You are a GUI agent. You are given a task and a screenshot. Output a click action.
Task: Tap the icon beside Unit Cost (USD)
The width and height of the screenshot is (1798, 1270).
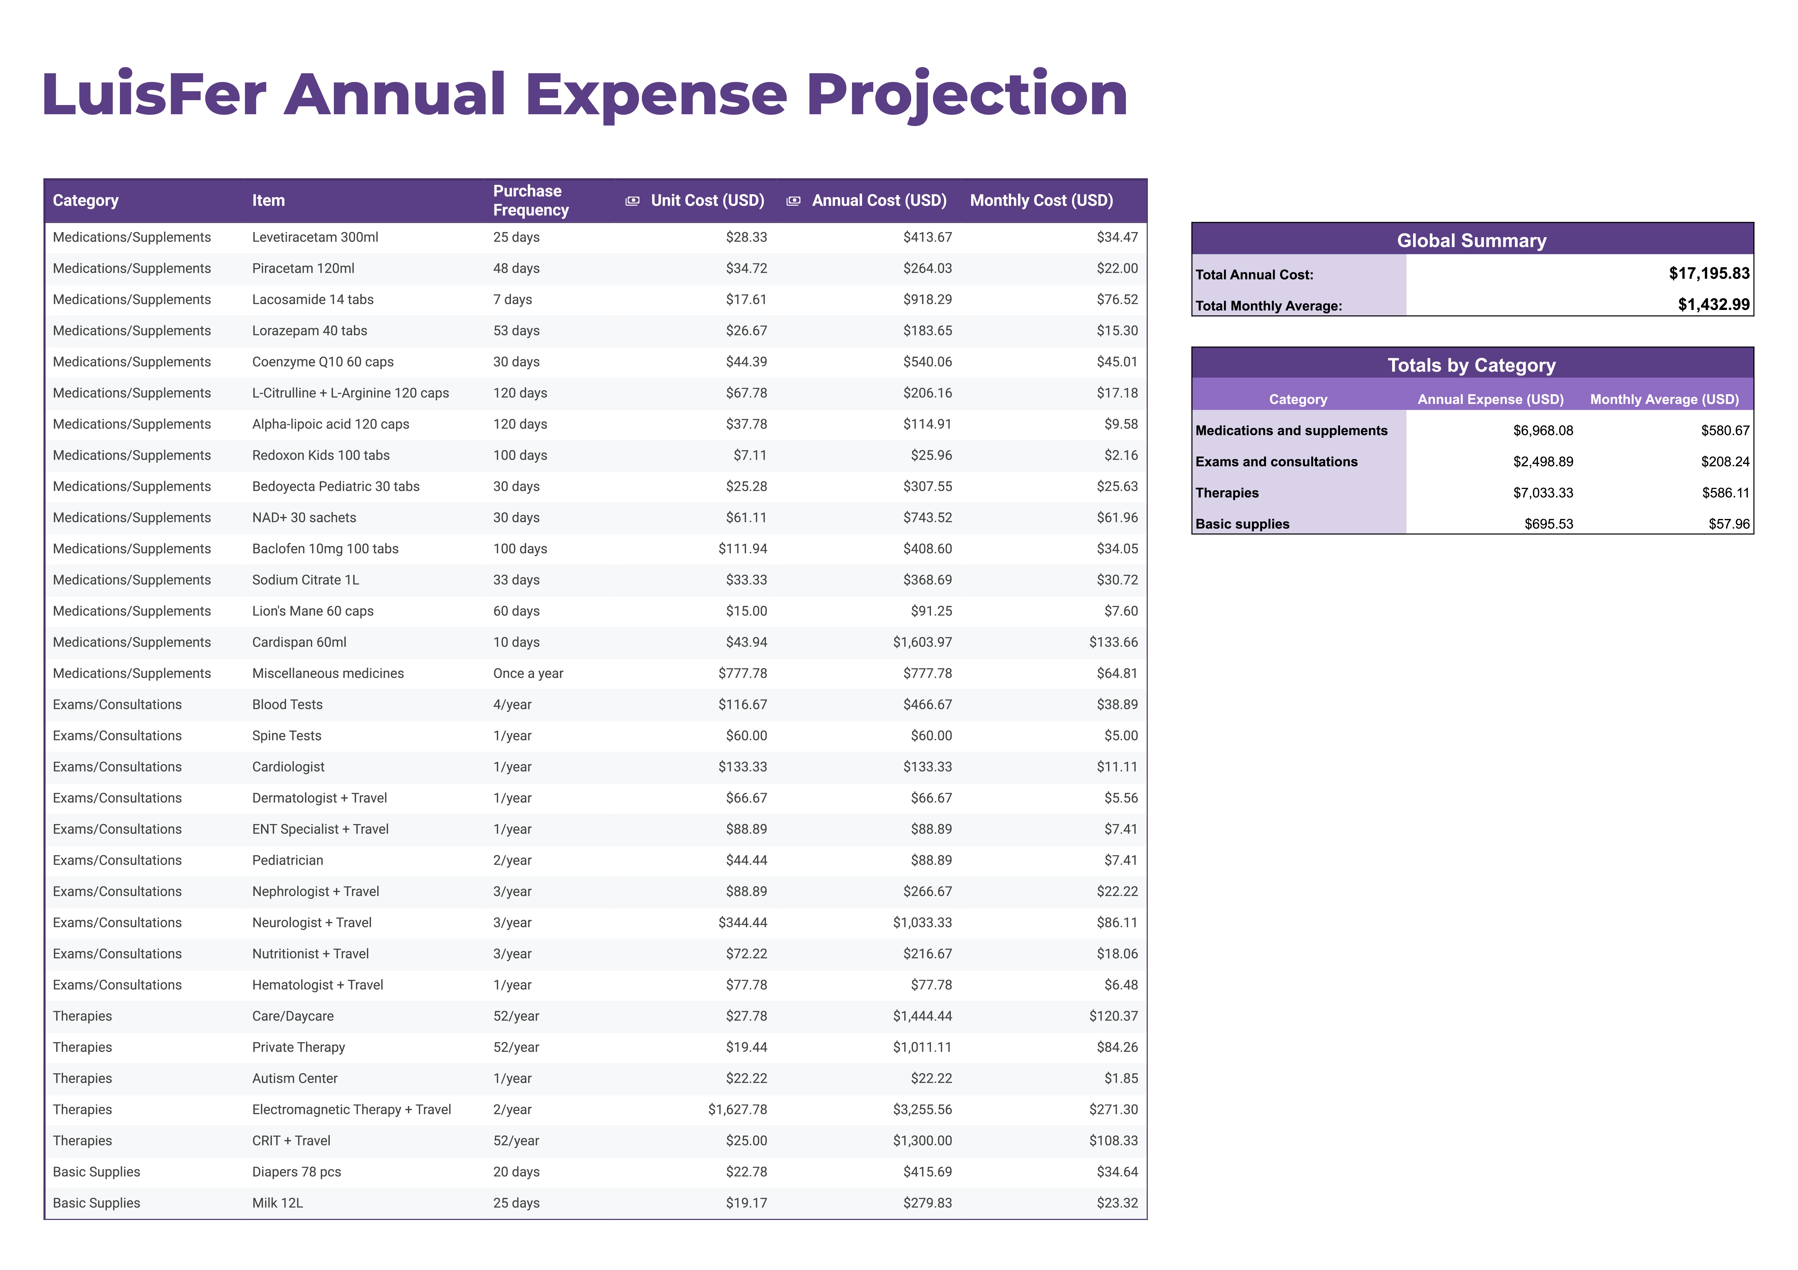coord(632,201)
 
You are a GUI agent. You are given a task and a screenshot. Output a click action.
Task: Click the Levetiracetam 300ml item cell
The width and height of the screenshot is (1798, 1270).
coord(315,237)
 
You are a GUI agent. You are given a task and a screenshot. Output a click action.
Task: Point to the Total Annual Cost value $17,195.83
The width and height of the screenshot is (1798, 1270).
coord(1709,273)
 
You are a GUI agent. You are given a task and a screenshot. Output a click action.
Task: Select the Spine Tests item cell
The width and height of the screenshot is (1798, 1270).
coord(287,735)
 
